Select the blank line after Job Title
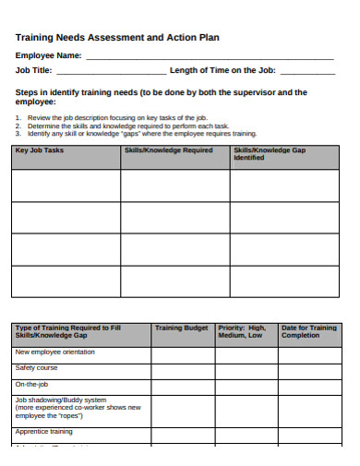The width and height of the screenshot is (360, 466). tap(112, 71)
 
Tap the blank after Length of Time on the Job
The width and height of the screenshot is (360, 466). tap(307, 71)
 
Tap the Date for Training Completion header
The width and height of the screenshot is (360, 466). tap(308, 331)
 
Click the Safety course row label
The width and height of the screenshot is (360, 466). tap(36, 367)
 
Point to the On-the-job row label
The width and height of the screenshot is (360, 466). tap(32, 383)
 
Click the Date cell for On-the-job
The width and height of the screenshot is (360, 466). tap(308, 384)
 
